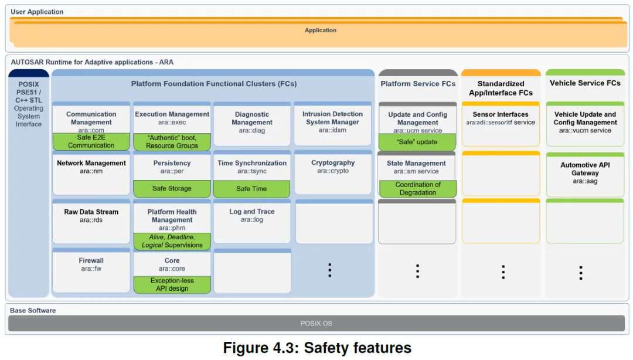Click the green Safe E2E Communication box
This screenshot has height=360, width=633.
coord(91,141)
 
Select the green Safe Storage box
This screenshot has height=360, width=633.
coord(172,189)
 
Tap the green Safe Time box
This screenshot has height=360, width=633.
coord(251,189)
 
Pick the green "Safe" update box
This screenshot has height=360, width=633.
coord(417,142)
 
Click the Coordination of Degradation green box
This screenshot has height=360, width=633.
coord(418,189)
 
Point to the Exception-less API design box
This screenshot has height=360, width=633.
coord(172,284)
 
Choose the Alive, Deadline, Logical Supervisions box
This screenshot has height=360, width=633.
coord(172,241)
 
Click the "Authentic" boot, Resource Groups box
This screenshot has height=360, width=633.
coord(172,142)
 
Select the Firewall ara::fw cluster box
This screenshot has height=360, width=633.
coord(91,270)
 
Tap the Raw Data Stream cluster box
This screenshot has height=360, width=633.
coord(91,222)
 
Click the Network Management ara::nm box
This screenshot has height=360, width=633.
coord(91,173)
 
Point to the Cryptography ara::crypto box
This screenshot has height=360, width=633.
coord(333,172)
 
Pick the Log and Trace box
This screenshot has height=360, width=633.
coord(252,222)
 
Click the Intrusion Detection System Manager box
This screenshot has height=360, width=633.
coord(333,124)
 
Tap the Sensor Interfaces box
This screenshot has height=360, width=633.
coord(501,124)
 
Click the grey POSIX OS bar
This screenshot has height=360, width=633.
coord(316,323)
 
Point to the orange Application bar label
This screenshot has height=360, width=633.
coord(321,30)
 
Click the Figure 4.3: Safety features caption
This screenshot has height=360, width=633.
coord(317,348)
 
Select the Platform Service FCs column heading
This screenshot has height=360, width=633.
coord(418,84)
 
